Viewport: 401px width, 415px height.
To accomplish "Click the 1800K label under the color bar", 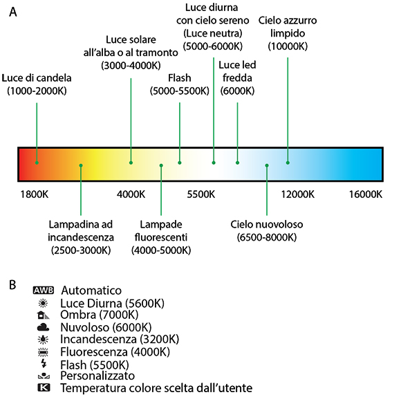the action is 35,194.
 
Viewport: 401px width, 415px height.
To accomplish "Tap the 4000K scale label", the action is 131,194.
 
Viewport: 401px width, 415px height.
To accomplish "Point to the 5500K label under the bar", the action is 201,194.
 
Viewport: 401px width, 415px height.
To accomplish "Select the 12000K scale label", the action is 297,194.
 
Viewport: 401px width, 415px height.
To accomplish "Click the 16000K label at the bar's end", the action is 366,194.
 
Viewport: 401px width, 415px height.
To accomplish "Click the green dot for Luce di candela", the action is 37,163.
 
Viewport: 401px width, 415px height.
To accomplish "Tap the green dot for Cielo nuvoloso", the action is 267,165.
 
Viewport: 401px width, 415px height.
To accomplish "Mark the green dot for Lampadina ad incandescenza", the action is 81,165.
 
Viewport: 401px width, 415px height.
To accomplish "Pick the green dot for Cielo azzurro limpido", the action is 288,163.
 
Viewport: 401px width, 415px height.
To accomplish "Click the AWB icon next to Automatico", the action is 44,290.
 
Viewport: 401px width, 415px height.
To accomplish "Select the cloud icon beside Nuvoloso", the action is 43,327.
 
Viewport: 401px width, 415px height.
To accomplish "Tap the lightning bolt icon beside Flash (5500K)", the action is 44,364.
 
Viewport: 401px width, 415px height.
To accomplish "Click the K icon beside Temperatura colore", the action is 44,388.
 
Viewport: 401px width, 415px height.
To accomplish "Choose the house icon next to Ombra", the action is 43,315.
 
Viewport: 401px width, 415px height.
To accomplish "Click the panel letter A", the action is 13,12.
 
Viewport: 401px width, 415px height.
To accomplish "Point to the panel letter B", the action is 12,285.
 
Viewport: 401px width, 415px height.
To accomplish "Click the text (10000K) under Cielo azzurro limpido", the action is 288,46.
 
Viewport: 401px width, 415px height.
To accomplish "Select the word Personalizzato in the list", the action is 97,376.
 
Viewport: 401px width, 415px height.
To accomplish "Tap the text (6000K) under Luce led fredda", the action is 237,91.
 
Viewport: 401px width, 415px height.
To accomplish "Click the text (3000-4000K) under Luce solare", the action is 131,66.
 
